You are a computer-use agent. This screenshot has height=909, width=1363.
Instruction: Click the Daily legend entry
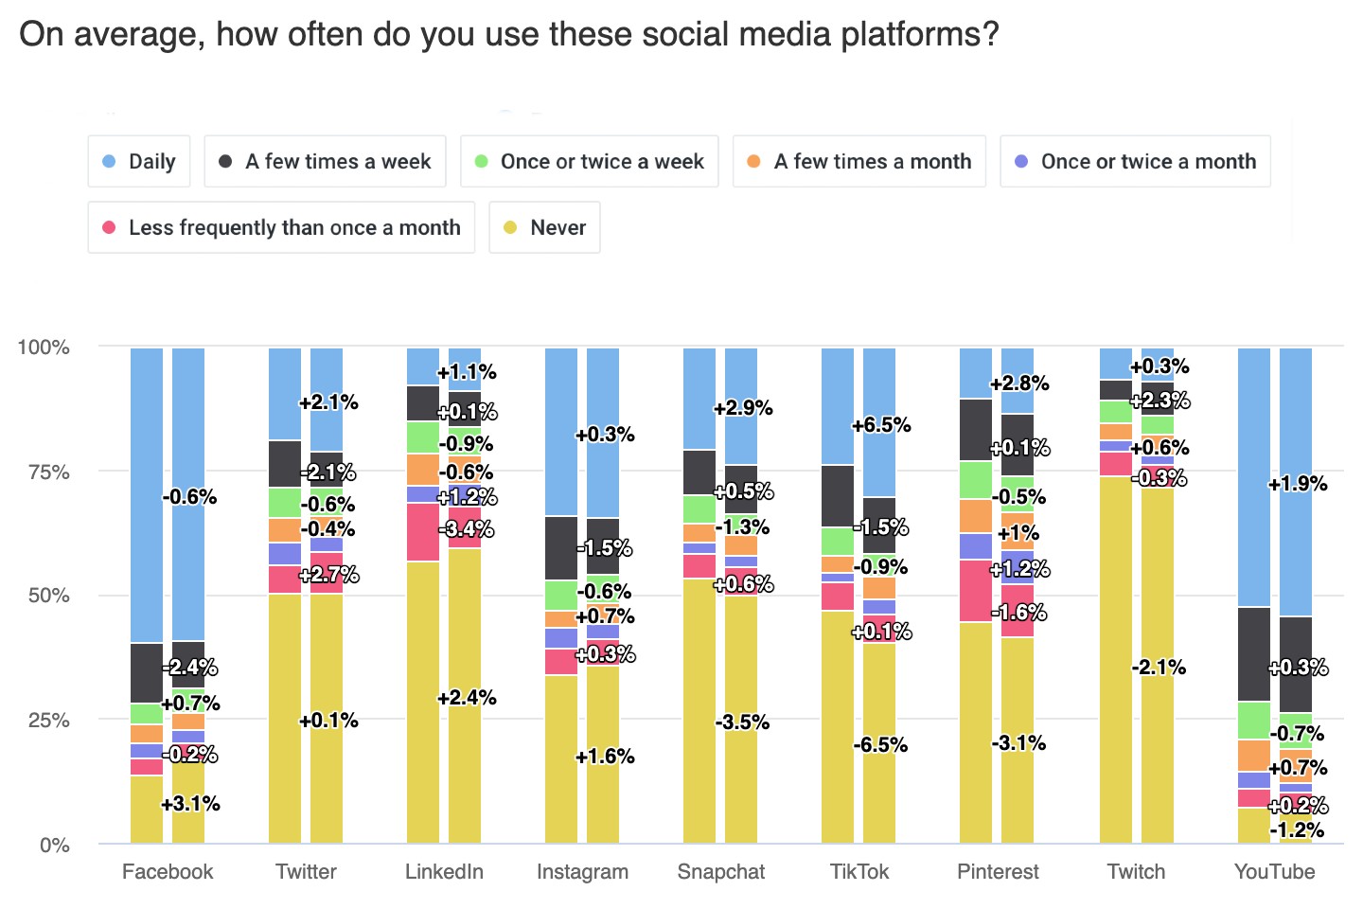[139, 162]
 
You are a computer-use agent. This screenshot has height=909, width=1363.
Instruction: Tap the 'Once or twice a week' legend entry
[589, 162]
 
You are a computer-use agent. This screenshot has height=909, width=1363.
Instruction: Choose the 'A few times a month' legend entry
[859, 162]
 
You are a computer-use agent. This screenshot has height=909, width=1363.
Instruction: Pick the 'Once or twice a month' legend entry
[1135, 162]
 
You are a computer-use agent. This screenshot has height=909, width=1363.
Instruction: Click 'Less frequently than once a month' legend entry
[281, 228]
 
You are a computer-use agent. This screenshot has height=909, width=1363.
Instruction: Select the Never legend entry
[544, 228]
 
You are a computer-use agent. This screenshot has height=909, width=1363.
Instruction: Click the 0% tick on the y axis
[54, 846]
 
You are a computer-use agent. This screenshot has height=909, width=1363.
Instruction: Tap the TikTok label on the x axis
[859, 872]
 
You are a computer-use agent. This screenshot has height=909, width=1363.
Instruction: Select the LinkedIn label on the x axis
[444, 872]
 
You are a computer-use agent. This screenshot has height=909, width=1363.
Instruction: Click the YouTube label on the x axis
[1274, 872]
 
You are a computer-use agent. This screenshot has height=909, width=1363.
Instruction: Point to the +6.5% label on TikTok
[881, 425]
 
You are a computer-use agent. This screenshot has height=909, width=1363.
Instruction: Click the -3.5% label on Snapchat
[742, 722]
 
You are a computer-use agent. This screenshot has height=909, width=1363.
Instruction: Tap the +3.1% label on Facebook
[190, 804]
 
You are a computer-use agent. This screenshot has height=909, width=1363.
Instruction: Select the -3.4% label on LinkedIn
[466, 529]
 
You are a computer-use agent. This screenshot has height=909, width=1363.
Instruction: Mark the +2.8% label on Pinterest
[1019, 383]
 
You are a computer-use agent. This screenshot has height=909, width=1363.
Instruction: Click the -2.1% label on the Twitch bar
[1159, 668]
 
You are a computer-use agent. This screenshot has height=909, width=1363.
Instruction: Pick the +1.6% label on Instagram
[605, 757]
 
